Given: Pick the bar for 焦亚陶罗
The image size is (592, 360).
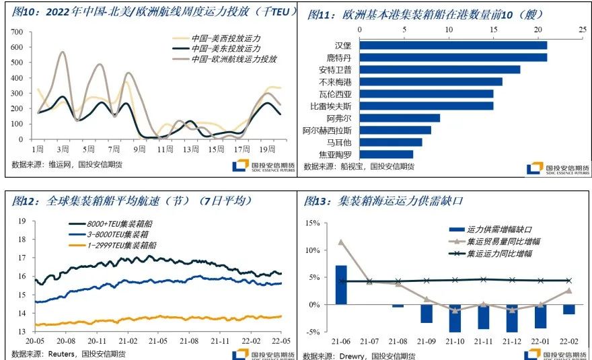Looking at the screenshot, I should (x=386, y=154).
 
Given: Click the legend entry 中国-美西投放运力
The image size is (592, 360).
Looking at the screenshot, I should (x=225, y=38).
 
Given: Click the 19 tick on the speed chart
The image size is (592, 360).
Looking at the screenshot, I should (x=22, y=221).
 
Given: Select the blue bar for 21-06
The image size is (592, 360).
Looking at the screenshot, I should (x=341, y=285).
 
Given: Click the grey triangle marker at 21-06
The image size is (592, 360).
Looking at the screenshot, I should (x=341, y=242).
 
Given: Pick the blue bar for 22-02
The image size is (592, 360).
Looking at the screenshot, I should (x=568, y=310).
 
